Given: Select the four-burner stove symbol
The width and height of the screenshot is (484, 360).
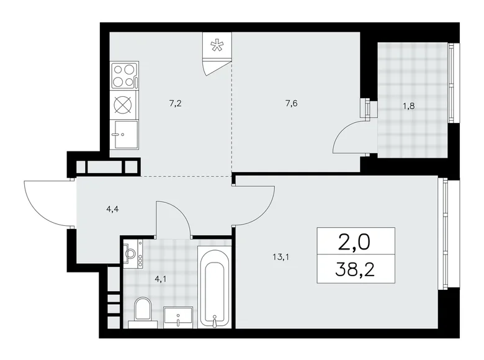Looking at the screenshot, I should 123,75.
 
